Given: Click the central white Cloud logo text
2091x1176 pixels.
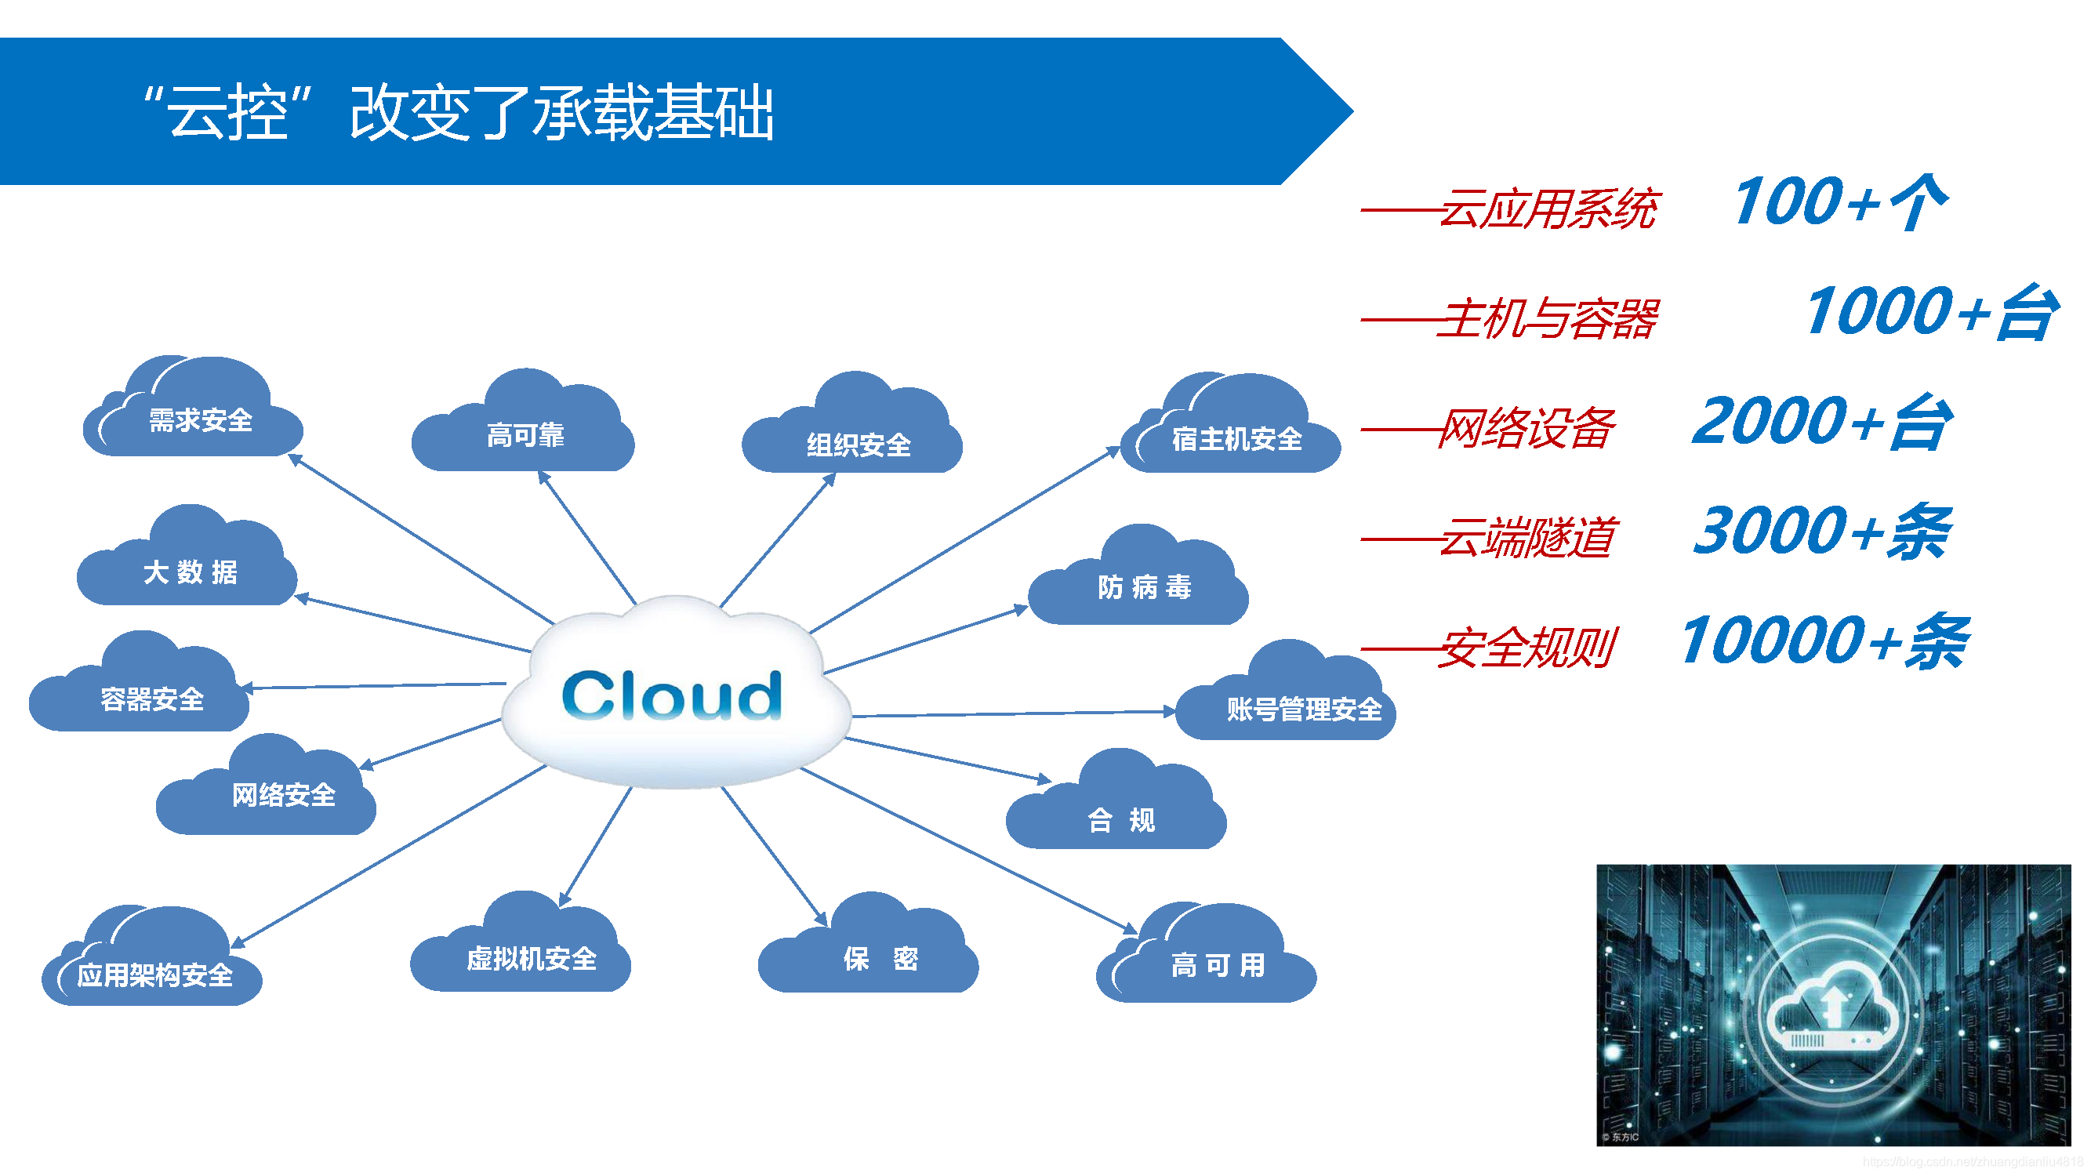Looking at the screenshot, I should [x=672, y=695].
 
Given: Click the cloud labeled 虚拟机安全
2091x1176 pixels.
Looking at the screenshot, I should [x=531, y=958].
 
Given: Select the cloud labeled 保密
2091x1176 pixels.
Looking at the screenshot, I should [x=880, y=958].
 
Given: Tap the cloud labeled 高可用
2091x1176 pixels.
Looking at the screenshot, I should [x=1217, y=964].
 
